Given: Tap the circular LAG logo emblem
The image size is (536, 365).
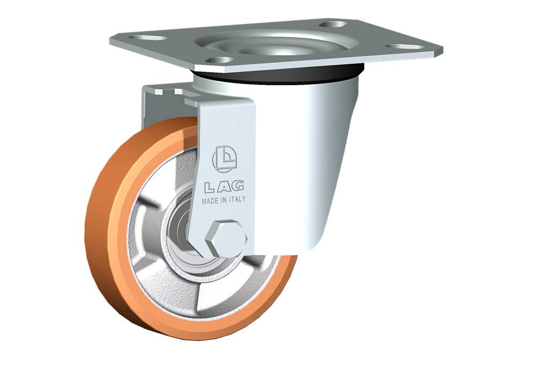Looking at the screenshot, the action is (225, 158).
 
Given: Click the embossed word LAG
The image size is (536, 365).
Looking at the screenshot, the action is (224, 186).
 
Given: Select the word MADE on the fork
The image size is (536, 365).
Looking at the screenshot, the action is (210, 201).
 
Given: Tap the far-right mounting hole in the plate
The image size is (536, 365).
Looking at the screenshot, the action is (404, 47).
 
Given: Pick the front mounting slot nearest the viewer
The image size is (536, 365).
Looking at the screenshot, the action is (219, 60).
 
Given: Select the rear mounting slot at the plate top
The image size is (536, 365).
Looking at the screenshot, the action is (333, 24).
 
